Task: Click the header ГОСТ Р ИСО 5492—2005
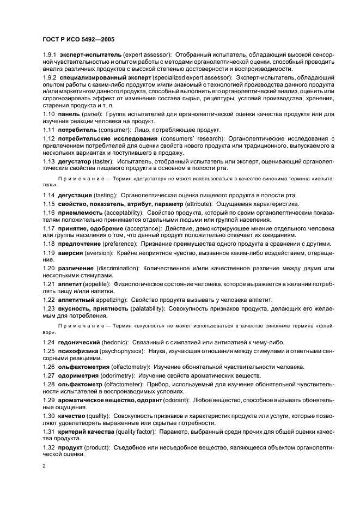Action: [78, 39]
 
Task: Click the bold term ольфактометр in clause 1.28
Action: [84, 384]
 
